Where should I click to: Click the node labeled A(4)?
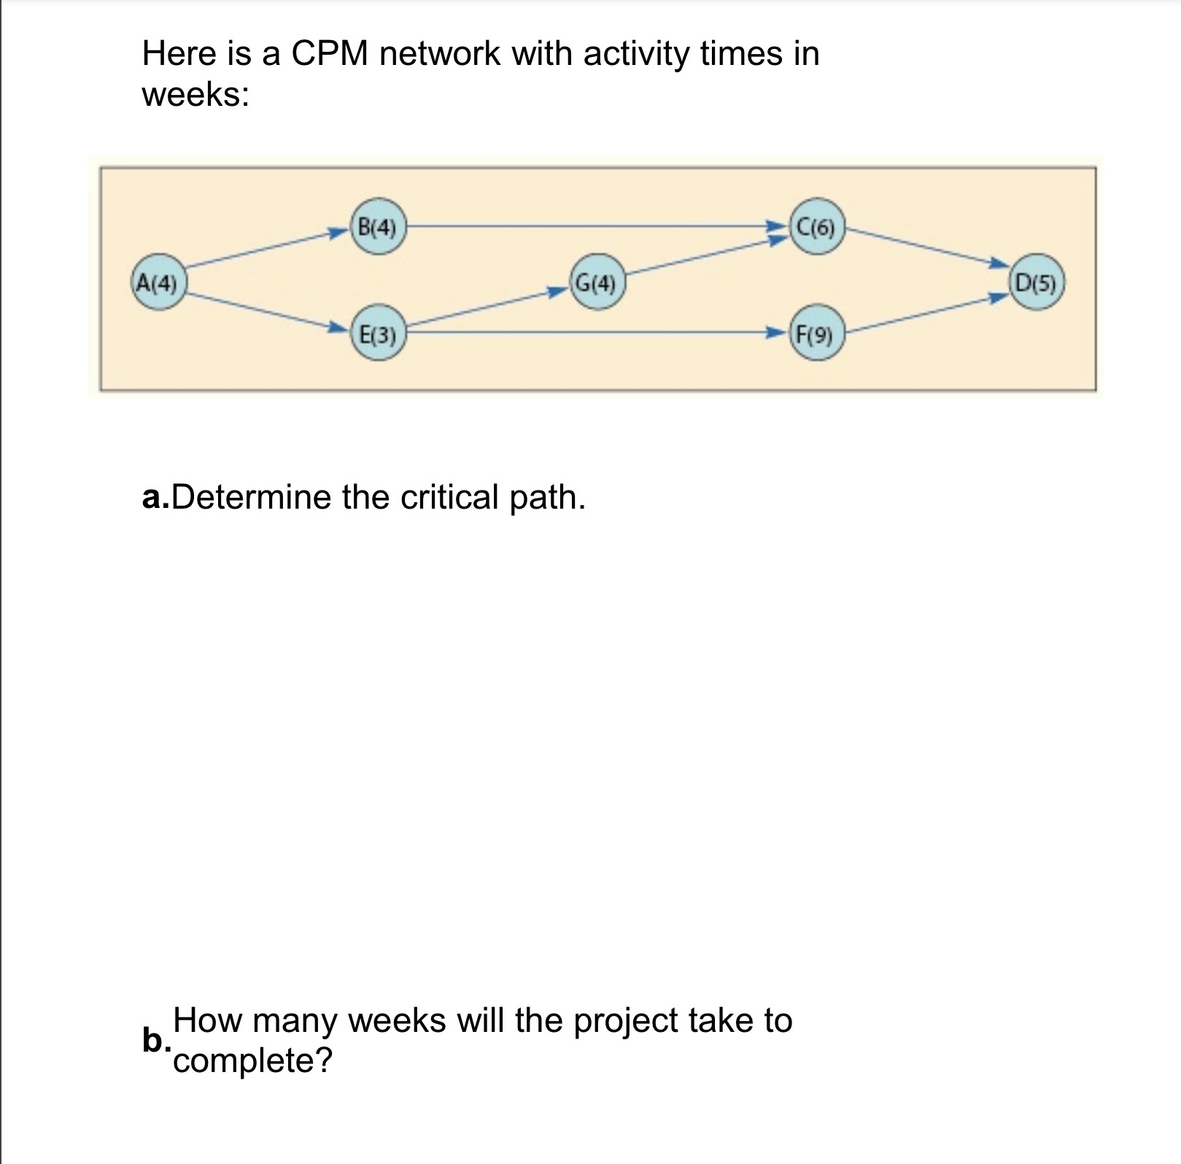[158, 282]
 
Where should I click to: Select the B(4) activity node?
[378, 227]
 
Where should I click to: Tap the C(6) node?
[816, 227]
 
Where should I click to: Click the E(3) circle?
[378, 336]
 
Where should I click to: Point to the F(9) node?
[816, 336]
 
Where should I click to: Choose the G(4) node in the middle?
[597, 282]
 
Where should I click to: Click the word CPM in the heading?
[330, 54]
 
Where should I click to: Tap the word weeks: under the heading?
[195, 95]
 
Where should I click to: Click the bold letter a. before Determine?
[155, 498]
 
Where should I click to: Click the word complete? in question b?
[252, 1060]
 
